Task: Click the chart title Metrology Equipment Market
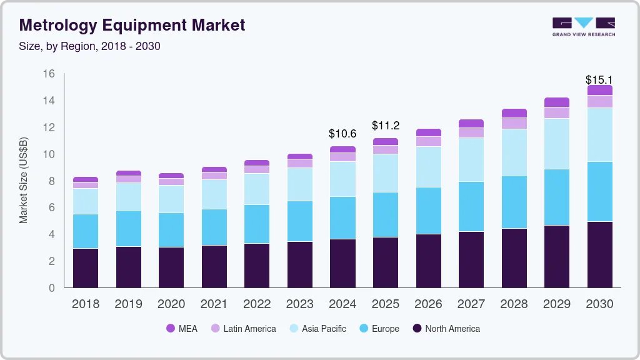click(132, 25)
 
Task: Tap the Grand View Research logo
click(583, 26)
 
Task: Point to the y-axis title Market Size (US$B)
click(24, 180)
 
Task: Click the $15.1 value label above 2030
click(599, 80)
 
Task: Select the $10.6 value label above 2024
click(342, 134)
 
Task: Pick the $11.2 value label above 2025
click(385, 126)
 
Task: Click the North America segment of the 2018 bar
click(86, 268)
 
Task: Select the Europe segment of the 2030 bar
click(599, 192)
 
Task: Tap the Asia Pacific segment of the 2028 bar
click(514, 152)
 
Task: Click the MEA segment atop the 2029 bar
click(556, 102)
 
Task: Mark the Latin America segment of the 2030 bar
click(599, 101)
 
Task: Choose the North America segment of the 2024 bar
click(342, 263)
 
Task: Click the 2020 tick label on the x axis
click(171, 304)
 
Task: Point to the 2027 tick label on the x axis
click(471, 304)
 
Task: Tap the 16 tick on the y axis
click(49, 74)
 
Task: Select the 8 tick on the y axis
click(52, 181)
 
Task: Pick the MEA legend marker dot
click(171, 329)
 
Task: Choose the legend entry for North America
click(446, 329)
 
